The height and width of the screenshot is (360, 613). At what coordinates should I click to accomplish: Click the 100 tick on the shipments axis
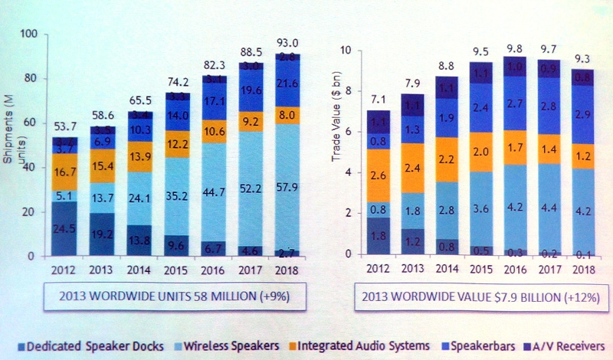(28, 34)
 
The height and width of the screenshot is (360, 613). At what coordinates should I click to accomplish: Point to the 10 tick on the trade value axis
(345, 51)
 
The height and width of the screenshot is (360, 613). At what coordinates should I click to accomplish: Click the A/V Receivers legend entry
(568, 345)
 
